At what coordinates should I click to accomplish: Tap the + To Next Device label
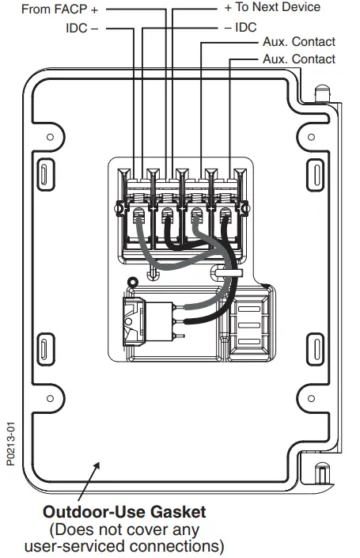273,7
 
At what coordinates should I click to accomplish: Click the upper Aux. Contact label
299,42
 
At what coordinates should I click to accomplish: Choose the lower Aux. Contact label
299,59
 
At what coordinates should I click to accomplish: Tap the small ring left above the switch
133,280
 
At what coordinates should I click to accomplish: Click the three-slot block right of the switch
248,323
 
